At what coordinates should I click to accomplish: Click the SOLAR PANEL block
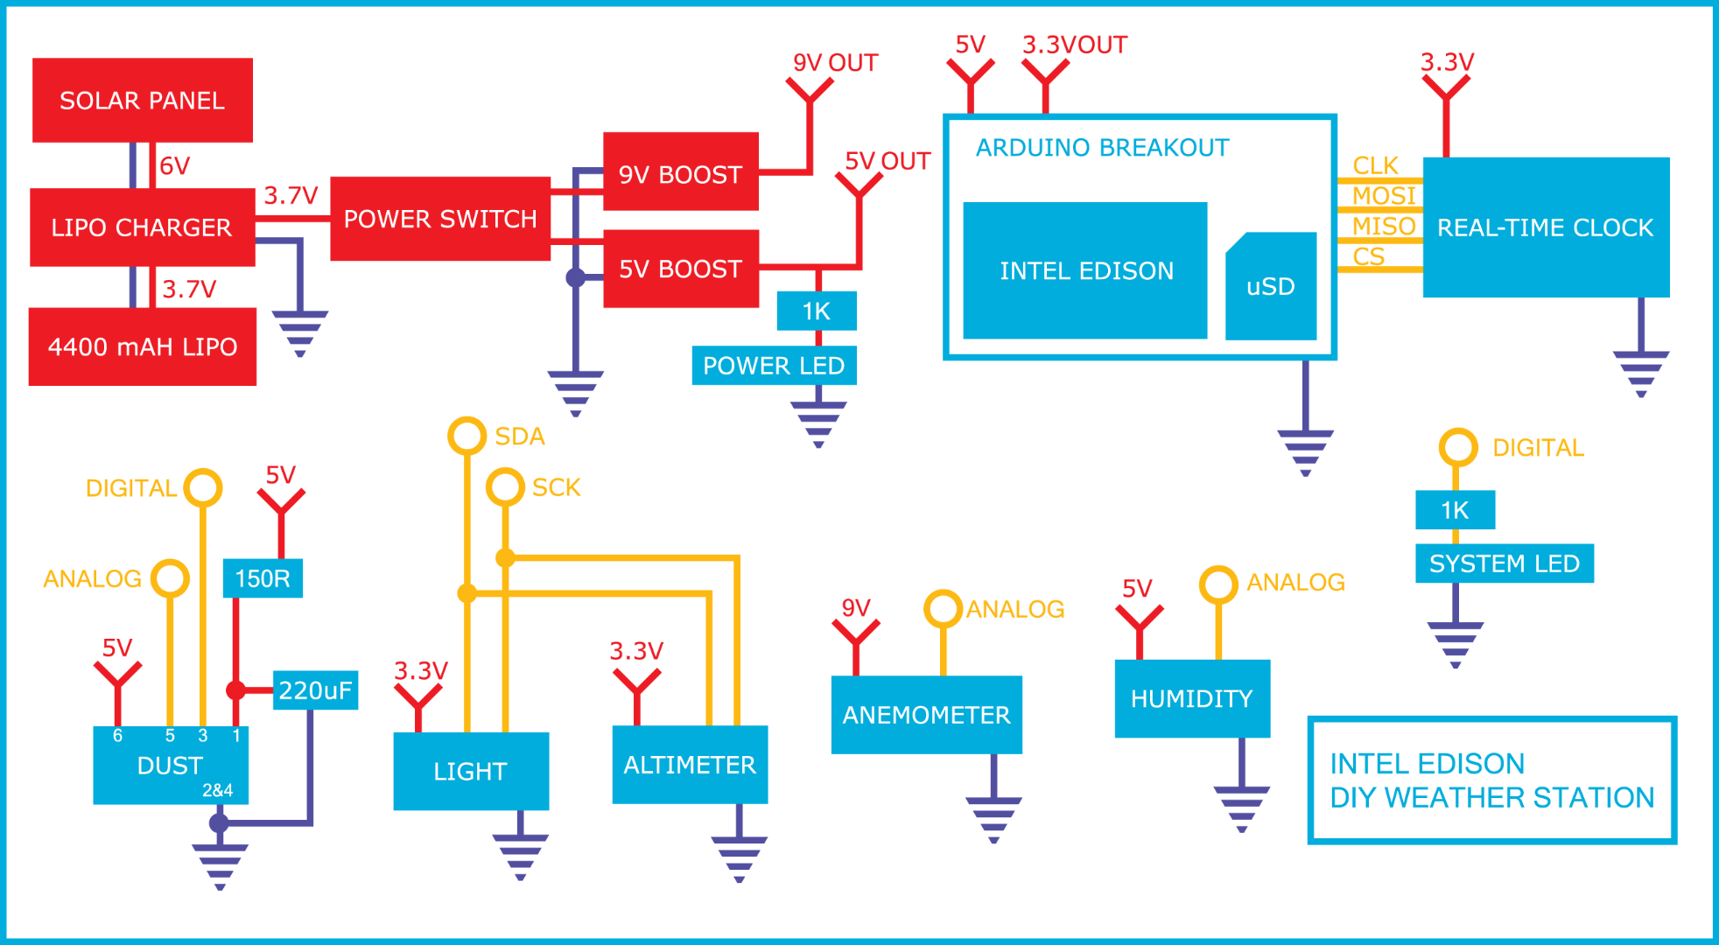(x=143, y=101)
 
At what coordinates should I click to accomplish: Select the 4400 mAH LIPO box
(x=143, y=346)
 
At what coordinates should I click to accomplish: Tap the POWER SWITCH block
(x=440, y=219)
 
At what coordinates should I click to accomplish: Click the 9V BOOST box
(x=681, y=172)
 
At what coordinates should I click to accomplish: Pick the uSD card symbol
(x=1271, y=287)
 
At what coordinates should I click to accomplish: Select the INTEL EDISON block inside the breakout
(x=1085, y=270)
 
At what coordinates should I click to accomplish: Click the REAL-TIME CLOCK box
(x=1546, y=227)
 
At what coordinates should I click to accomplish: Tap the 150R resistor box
(x=263, y=578)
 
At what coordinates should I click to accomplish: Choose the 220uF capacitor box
(x=315, y=690)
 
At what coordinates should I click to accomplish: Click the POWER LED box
(x=774, y=366)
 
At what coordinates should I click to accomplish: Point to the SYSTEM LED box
(x=1504, y=563)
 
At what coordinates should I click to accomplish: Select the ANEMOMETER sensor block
(x=926, y=715)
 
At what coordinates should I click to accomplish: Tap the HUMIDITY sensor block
(x=1192, y=698)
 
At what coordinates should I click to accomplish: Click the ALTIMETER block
(x=690, y=765)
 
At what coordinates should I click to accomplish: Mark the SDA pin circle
(x=467, y=436)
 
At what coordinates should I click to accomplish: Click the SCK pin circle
(x=505, y=486)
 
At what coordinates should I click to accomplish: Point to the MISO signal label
(x=1383, y=226)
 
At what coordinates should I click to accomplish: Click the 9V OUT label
(x=835, y=63)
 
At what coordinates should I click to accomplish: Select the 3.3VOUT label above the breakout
(x=1075, y=45)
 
